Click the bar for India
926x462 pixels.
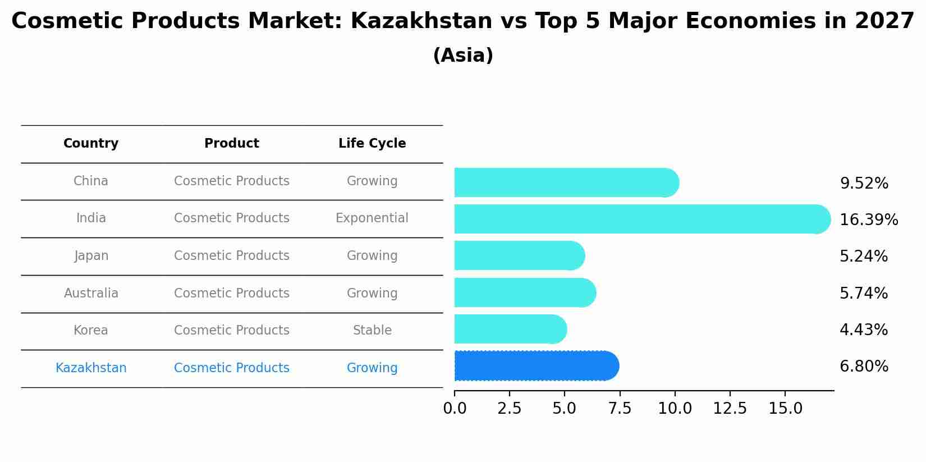coord(640,219)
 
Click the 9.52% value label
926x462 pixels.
coord(864,184)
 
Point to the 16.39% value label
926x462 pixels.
coord(868,220)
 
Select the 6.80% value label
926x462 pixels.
coord(864,367)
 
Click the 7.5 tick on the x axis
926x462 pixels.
coord(620,409)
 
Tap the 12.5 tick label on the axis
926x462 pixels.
coord(730,409)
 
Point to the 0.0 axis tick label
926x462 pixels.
coord(455,409)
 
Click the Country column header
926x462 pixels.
coord(91,144)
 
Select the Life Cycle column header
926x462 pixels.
coord(372,144)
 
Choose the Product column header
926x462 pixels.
coord(232,144)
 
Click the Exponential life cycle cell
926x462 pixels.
coord(372,218)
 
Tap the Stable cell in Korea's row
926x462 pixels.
coord(372,331)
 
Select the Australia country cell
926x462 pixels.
coord(91,294)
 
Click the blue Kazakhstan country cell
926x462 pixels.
coord(91,368)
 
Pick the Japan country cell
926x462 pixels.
coord(91,256)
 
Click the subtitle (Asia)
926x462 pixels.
coord(463,56)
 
